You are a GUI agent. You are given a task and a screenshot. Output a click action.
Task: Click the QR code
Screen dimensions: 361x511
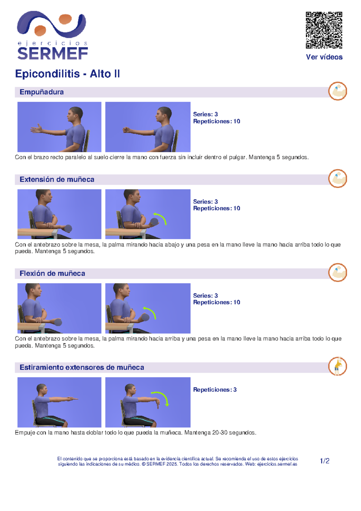(x=324, y=30)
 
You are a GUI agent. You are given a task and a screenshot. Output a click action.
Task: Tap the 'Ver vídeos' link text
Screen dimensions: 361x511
(x=324, y=57)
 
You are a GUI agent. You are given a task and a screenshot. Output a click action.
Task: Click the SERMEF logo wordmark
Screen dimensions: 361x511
(x=52, y=54)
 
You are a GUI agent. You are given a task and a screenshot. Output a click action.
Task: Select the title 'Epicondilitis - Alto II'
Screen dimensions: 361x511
(x=67, y=74)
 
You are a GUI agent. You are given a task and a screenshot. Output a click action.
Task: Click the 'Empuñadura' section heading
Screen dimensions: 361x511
(x=42, y=92)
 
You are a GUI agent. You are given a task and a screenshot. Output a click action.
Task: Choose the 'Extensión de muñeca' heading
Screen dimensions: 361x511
(x=57, y=179)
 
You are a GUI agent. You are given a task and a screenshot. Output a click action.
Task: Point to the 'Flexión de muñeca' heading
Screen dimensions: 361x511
(x=52, y=273)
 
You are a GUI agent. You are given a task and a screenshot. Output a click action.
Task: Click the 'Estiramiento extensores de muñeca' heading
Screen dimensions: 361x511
(x=82, y=367)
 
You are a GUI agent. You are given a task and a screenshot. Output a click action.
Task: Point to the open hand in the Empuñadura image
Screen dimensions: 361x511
(x=36, y=129)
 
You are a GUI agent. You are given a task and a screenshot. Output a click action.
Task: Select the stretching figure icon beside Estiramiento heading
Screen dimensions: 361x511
(x=338, y=366)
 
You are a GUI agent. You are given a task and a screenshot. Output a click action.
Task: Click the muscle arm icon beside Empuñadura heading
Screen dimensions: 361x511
(x=338, y=91)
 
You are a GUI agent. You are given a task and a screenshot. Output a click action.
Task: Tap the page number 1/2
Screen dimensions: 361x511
(x=325, y=461)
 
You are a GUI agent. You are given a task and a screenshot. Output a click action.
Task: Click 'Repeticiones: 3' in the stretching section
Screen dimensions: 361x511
(x=215, y=390)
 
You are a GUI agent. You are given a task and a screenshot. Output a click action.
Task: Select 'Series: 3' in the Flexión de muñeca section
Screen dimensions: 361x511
(x=205, y=296)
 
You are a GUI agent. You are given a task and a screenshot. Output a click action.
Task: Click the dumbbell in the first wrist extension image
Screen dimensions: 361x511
(x=68, y=229)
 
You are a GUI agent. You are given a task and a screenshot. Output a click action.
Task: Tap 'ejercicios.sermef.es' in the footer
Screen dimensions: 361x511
(x=277, y=464)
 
